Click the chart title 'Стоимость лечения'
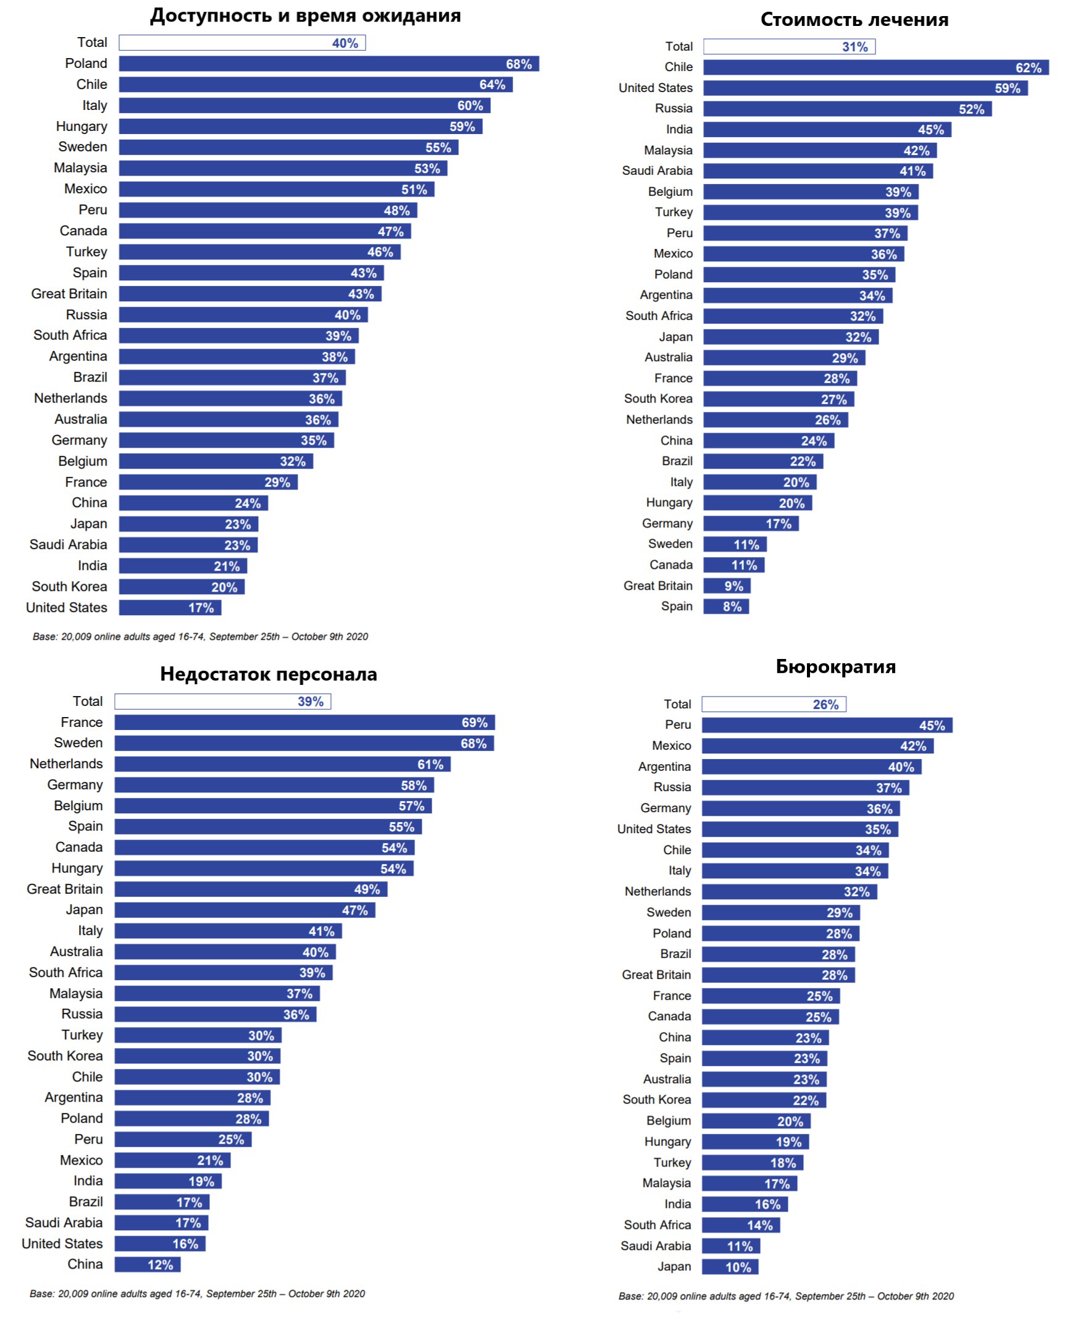point(853,20)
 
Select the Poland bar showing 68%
point(328,64)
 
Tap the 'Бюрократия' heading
point(835,666)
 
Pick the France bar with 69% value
point(304,722)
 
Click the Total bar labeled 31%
point(788,46)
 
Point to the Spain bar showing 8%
point(725,606)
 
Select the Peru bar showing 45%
point(826,725)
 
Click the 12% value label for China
point(160,1265)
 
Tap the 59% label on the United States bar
point(1007,88)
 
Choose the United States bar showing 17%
point(169,608)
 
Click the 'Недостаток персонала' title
point(269,674)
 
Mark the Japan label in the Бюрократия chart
point(674,1267)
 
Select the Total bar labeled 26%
point(773,704)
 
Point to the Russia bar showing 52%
point(846,109)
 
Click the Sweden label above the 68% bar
point(78,742)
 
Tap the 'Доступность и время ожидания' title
point(306,15)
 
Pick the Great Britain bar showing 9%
point(727,586)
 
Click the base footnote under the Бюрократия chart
point(785,1296)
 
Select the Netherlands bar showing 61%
point(282,764)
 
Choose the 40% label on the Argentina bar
point(901,767)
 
